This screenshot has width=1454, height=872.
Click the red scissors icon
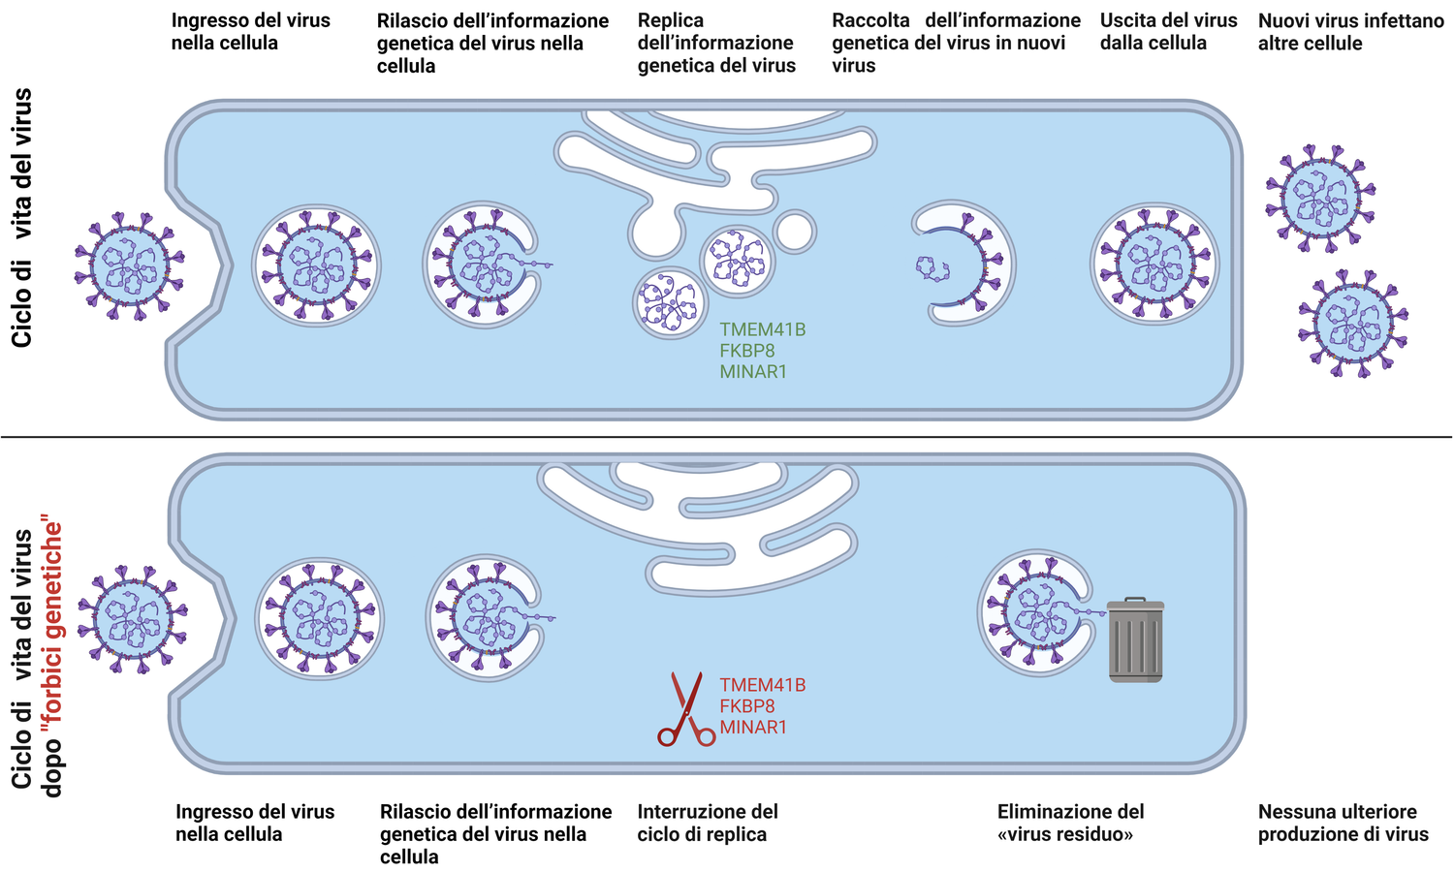(686, 709)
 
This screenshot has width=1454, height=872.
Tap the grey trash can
(1135, 640)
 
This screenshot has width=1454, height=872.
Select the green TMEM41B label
(762, 329)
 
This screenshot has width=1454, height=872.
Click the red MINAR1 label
(752, 728)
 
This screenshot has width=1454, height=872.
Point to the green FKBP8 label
(746, 351)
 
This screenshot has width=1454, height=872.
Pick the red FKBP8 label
(746, 706)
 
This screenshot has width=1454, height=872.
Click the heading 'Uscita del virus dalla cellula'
(1168, 32)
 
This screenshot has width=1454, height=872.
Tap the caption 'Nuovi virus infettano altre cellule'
(1350, 32)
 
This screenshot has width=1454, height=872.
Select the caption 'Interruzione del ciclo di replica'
(707, 823)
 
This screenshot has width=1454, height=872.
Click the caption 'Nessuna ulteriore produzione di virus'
(1343, 823)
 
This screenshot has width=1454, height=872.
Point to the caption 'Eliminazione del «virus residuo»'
(1070, 823)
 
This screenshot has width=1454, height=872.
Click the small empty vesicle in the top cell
(794, 232)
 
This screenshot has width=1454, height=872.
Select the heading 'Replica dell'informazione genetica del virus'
(715, 44)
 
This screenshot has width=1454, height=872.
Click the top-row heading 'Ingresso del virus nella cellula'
(250, 32)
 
